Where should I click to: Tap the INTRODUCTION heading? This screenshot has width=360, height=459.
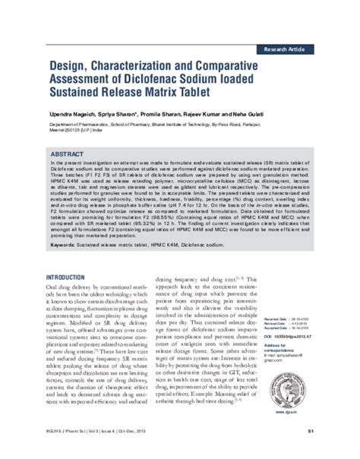[x=74, y=277]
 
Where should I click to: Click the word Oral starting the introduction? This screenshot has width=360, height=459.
[x=55, y=290]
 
